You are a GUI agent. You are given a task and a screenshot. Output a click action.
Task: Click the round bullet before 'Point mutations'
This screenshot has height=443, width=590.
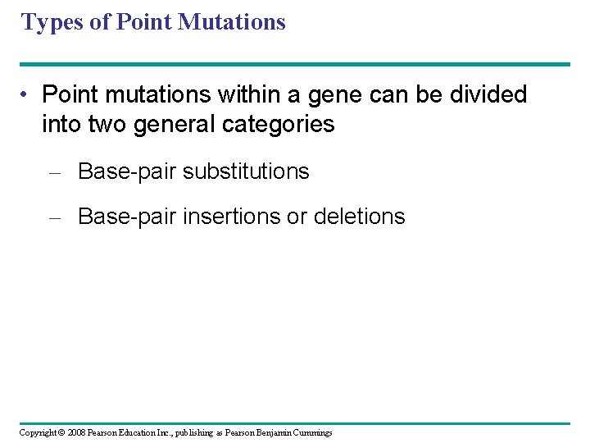coord(27,96)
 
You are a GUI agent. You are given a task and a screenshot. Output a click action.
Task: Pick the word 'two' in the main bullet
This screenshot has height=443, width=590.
coord(109,124)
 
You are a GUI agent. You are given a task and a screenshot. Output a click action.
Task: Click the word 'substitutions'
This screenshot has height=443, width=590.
coord(246,171)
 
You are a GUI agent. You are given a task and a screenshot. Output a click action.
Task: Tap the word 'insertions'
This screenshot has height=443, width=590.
coord(225,217)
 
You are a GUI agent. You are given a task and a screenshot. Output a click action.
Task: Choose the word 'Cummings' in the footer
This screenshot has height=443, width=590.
coord(311,433)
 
